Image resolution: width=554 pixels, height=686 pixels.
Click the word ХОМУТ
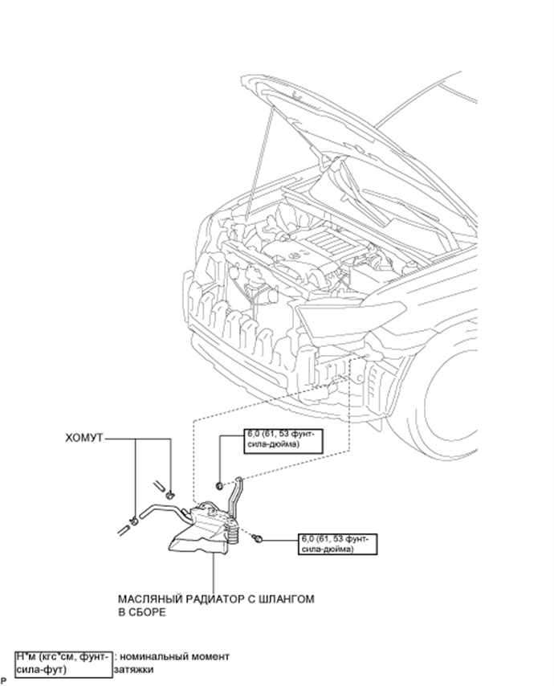click(84, 438)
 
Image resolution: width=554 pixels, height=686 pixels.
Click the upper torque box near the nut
click(283, 440)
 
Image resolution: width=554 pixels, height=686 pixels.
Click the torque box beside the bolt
click(337, 544)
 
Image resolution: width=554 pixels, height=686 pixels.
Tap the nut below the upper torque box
click(220, 484)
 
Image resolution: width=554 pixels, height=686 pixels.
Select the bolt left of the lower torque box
click(258, 538)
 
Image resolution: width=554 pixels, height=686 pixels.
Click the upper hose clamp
click(169, 495)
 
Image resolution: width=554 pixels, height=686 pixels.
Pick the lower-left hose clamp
click(135, 521)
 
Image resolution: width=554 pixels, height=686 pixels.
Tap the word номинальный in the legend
click(153, 657)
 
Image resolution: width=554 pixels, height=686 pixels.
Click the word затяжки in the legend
click(134, 669)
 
